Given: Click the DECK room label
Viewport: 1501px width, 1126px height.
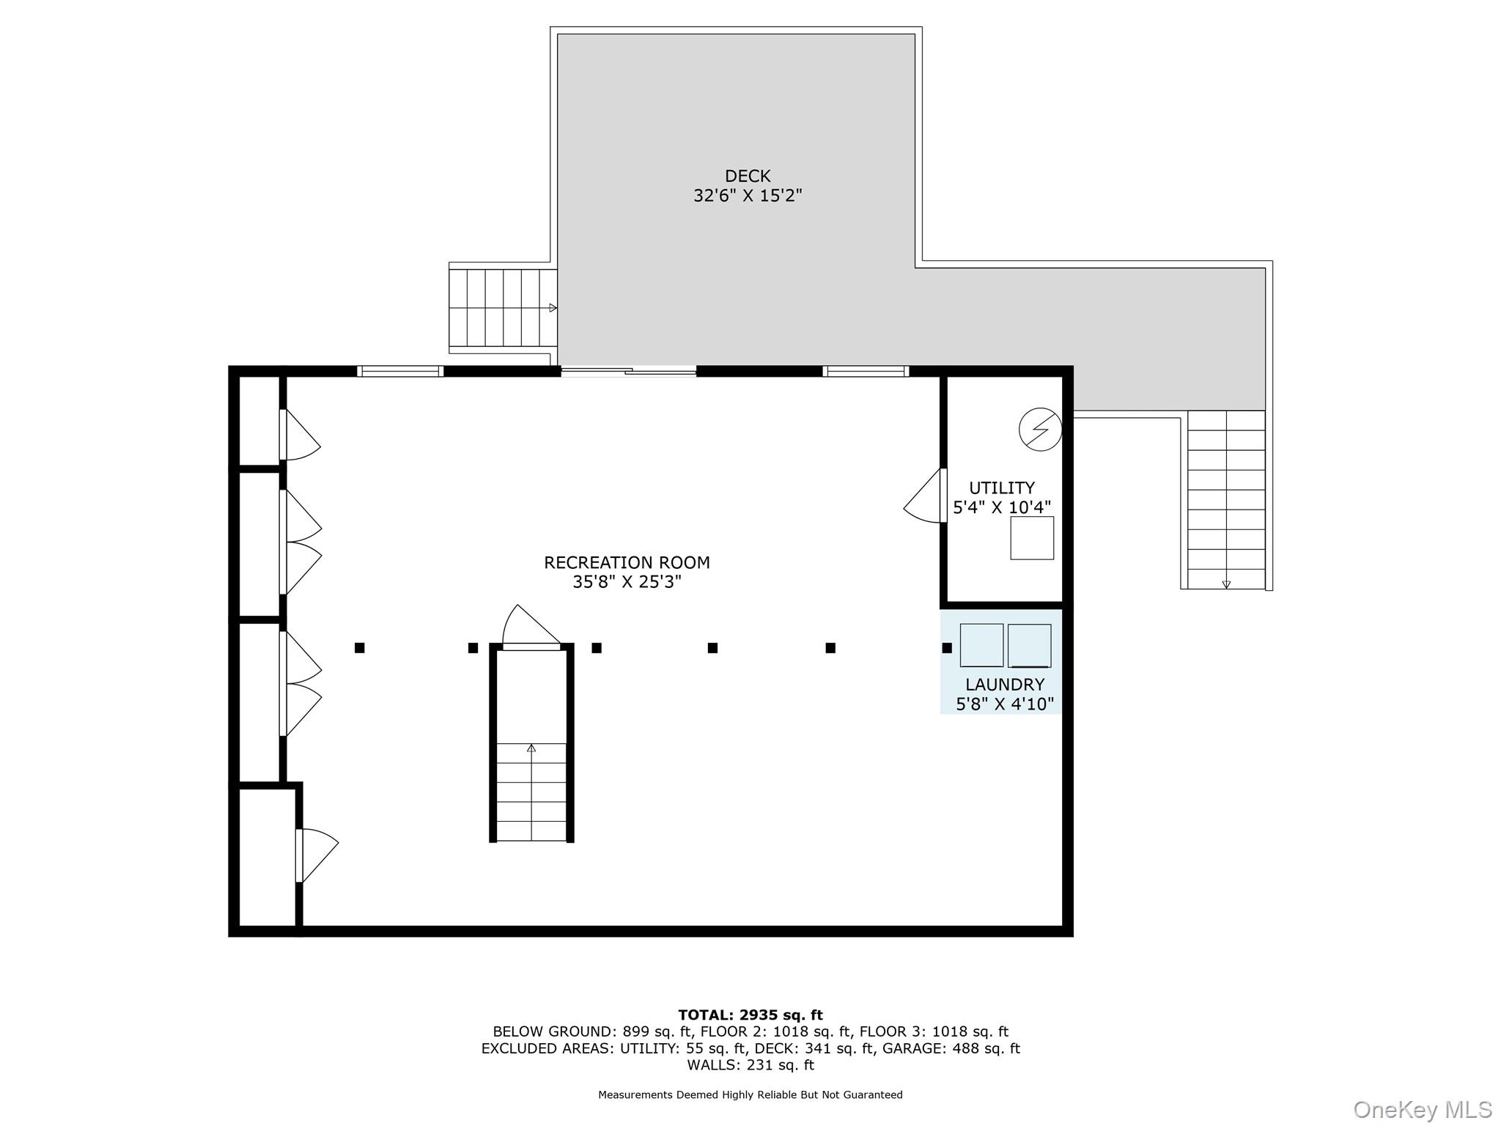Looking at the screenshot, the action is pos(748,176).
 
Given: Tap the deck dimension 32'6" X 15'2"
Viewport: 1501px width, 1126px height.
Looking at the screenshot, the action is pos(748,196).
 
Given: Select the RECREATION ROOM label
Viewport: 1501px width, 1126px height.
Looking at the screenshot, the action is pos(627,562).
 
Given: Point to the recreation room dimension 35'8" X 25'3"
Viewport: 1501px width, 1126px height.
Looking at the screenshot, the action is pos(627,582).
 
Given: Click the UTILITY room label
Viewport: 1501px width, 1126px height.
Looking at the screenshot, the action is pos(1002,487).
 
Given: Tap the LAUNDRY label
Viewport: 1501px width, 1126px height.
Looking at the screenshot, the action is pos(1005,685).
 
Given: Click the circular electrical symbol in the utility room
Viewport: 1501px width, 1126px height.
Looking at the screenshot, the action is pos(1040,429).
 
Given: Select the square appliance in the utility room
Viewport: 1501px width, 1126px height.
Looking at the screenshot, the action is pos(1032,538).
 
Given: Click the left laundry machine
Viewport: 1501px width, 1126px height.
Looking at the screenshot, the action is pos(981,645).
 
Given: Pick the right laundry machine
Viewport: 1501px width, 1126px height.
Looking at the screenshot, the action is pos(1030,645).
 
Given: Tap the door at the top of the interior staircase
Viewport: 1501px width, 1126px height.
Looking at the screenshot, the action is pos(531,628).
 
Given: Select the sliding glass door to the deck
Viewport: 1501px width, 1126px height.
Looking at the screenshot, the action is pos(628,372).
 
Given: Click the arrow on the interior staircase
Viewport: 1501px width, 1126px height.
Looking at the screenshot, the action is pos(531,748).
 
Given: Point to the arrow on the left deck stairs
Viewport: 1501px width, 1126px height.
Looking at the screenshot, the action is pos(553,308).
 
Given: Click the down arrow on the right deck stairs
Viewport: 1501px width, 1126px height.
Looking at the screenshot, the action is pos(1226,584).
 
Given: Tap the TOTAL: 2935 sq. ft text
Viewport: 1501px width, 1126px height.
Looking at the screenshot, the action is pos(750,1015).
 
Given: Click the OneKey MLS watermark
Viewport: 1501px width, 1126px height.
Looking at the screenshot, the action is pos(1423,1110).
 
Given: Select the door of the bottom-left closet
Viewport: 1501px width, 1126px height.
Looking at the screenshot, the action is pos(317,855).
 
